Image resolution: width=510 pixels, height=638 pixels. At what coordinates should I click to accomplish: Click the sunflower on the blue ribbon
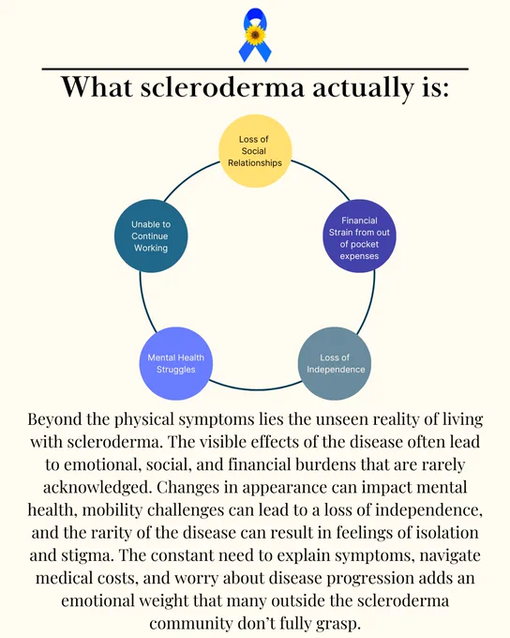(x=255, y=35)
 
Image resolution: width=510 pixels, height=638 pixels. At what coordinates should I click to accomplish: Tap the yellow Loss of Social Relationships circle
(x=255, y=151)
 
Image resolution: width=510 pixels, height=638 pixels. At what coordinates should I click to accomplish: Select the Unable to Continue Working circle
(x=151, y=236)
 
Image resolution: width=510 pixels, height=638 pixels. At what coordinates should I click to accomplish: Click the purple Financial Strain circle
(x=359, y=236)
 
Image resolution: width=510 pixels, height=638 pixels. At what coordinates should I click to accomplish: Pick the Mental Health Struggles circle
(x=176, y=364)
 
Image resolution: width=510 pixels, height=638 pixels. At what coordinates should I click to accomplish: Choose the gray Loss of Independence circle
(x=335, y=364)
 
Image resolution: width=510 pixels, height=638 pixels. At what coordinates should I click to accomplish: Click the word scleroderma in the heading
(x=222, y=87)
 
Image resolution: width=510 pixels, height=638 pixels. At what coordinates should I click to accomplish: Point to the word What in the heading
(x=97, y=86)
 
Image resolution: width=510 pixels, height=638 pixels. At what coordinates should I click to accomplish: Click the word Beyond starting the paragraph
(x=54, y=419)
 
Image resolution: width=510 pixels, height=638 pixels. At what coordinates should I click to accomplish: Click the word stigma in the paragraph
(x=88, y=556)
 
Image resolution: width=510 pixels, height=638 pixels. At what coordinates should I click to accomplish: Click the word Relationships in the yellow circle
(x=255, y=163)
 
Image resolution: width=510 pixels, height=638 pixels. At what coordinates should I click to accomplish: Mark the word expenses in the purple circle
(x=359, y=256)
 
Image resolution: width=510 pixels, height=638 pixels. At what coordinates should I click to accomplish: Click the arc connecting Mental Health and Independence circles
(x=256, y=389)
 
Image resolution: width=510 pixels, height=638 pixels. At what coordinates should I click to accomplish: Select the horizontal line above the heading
(x=255, y=69)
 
